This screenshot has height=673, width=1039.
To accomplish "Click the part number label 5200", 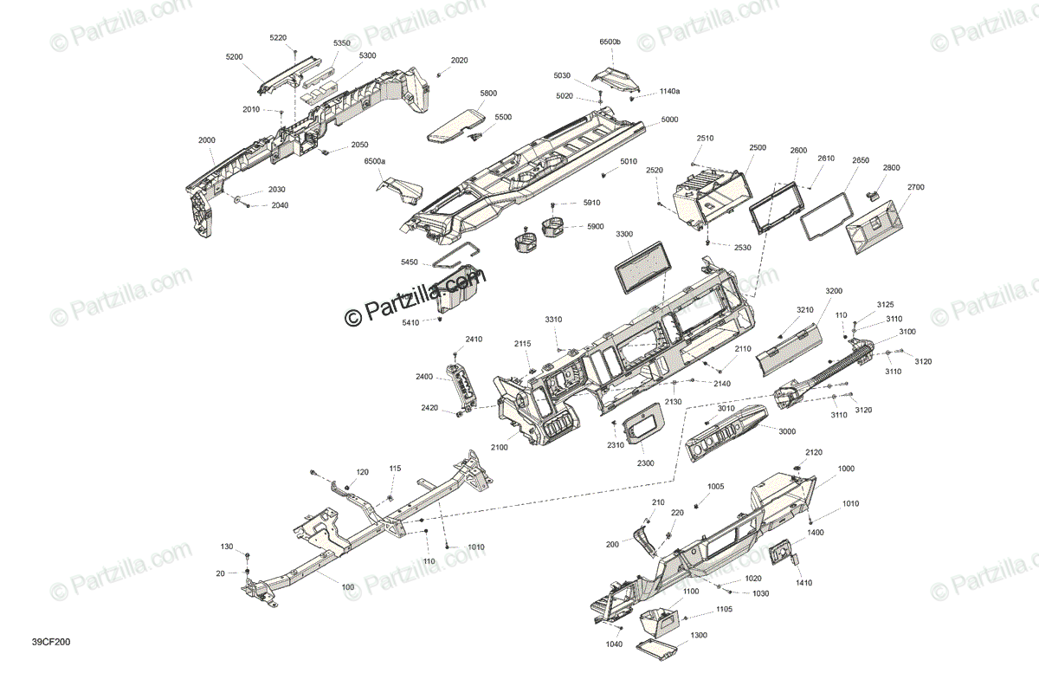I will point(234,56).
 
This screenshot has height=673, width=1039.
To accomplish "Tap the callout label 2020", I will point(459,61).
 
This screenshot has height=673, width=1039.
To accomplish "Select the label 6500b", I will point(610,42).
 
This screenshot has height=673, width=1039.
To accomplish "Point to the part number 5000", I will point(669,120).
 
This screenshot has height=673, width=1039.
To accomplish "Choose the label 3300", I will point(624,235).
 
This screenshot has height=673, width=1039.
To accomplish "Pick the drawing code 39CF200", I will point(51,643).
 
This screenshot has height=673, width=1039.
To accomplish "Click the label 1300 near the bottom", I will point(699,635).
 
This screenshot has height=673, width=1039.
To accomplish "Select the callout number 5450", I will point(409,262).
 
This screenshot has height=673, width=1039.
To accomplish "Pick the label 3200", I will point(834,291).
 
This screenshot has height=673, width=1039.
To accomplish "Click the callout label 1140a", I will point(669,91).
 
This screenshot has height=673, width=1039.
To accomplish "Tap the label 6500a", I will point(375,162).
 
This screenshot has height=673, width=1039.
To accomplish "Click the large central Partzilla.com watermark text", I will point(416,297).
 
